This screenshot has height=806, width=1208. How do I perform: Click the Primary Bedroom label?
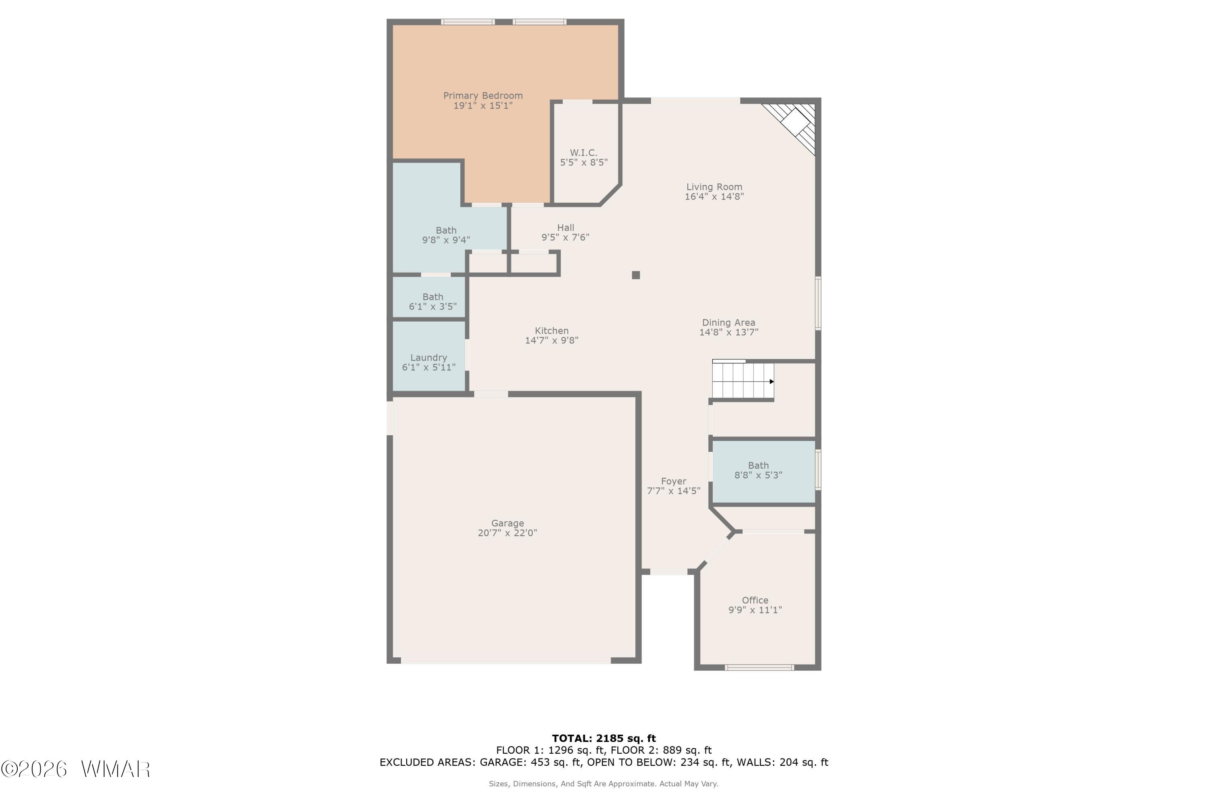tap(483, 96)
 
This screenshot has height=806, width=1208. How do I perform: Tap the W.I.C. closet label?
tap(583, 153)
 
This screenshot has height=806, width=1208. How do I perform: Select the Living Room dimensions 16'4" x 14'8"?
tap(714, 196)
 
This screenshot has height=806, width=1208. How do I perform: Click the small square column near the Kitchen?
tap(636, 275)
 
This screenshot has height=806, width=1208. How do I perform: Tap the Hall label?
tap(565, 228)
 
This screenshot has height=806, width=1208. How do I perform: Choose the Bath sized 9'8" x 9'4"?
tap(446, 235)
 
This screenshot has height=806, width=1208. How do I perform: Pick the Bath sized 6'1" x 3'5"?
tap(432, 302)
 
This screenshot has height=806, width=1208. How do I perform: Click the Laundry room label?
tap(428, 358)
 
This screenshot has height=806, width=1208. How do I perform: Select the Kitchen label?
tap(552, 331)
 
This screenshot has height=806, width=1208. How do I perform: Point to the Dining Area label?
tap(728, 323)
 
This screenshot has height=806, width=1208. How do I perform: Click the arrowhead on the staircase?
tap(772, 381)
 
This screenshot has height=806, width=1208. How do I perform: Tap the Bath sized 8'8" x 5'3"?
tap(758, 470)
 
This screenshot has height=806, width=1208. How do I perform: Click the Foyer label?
tap(673, 482)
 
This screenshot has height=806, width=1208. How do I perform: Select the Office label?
tap(755, 600)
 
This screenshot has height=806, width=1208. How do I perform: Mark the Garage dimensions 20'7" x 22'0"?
tap(507, 533)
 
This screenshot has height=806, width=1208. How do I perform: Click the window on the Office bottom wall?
tap(759, 668)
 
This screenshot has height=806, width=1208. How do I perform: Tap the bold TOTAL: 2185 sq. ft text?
tap(604, 739)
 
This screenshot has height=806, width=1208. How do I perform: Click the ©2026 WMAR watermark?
tap(76, 769)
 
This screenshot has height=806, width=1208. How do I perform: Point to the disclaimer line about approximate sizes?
tap(604, 784)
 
